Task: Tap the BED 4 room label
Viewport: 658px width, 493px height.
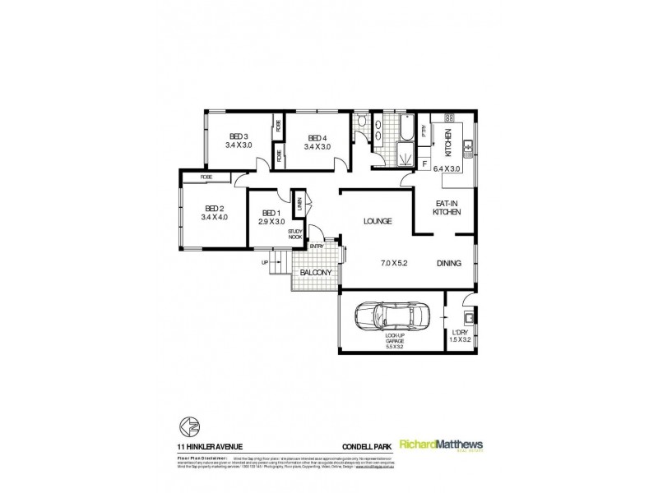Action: pos(317,138)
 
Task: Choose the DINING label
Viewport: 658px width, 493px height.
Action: pos(449,263)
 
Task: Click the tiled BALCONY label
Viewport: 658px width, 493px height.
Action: pos(314,272)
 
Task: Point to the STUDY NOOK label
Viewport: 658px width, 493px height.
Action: pos(295,233)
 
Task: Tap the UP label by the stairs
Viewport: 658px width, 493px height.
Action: pos(265,263)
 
